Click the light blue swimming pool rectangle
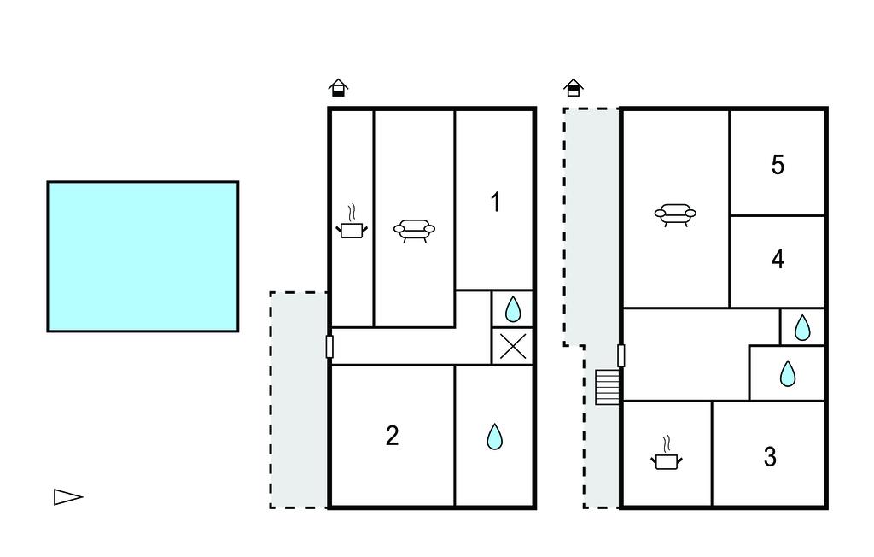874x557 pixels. pos(143,256)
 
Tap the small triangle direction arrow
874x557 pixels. pos(68,496)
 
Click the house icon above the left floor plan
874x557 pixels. pos(338,88)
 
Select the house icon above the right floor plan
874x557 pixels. pos(574,88)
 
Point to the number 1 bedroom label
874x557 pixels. pos(496,202)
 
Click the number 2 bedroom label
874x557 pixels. pos(393,436)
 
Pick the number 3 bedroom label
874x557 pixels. pos(771,456)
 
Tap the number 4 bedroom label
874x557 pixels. pos(778,259)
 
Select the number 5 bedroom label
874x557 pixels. pos(778,165)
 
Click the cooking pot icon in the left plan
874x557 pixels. pos(352,223)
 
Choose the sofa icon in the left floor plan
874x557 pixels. pos(414,230)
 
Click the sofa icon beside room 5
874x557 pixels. pos(675,215)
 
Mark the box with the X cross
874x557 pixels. pos(513,347)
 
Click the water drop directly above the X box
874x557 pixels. pos(513,309)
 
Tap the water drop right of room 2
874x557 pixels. pos(494,437)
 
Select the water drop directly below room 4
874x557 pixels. pos(802,327)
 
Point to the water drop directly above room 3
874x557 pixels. pos(788,373)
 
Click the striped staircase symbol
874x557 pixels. pos(607,387)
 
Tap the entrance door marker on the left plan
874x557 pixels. pos(329,347)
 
